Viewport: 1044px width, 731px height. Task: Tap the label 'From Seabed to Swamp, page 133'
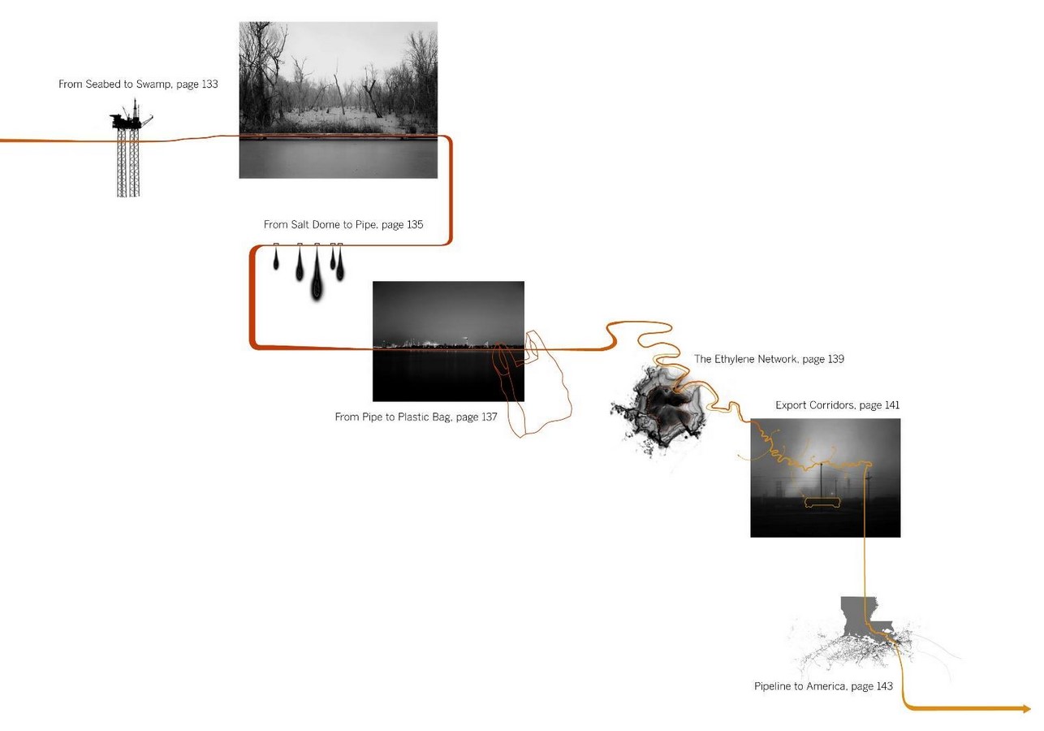138,84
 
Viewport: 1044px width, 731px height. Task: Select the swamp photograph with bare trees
339,100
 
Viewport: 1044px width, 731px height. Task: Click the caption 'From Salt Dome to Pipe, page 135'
343,225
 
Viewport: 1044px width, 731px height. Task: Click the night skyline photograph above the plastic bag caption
448,341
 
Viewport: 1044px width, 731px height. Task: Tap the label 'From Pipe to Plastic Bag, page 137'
416,417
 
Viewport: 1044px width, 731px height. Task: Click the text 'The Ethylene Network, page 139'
769,359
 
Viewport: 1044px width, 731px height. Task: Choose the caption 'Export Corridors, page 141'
838,405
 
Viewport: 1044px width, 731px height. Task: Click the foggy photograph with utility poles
826,478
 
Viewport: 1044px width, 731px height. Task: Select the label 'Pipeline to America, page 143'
823,686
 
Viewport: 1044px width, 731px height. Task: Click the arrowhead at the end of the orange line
1027,708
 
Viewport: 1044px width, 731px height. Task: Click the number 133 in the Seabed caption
209,84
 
